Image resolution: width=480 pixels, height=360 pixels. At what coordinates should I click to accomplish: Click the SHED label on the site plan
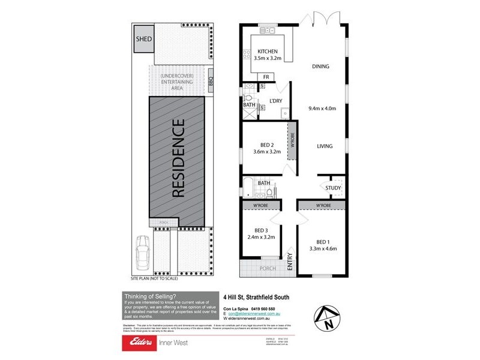click(x=143, y=39)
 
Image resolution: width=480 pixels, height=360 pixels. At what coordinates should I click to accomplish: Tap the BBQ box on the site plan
click(x=211, y=83)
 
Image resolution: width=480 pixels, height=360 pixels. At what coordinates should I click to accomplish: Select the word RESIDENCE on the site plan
click(x=178, y=158)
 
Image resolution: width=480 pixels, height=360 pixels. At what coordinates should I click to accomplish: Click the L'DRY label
click(x=276, y=100)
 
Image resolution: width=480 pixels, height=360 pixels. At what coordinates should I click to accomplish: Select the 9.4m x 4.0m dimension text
click(x=322, y=109)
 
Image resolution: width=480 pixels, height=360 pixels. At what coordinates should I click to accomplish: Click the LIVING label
click(x=325, y=146)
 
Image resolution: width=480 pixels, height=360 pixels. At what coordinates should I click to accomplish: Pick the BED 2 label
click(x=268, y=144)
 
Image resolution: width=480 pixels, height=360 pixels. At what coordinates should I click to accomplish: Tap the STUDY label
click(x=333, y=188)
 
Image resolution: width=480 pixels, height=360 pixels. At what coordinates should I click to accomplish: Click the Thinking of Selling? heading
click(x=149, y=296)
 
